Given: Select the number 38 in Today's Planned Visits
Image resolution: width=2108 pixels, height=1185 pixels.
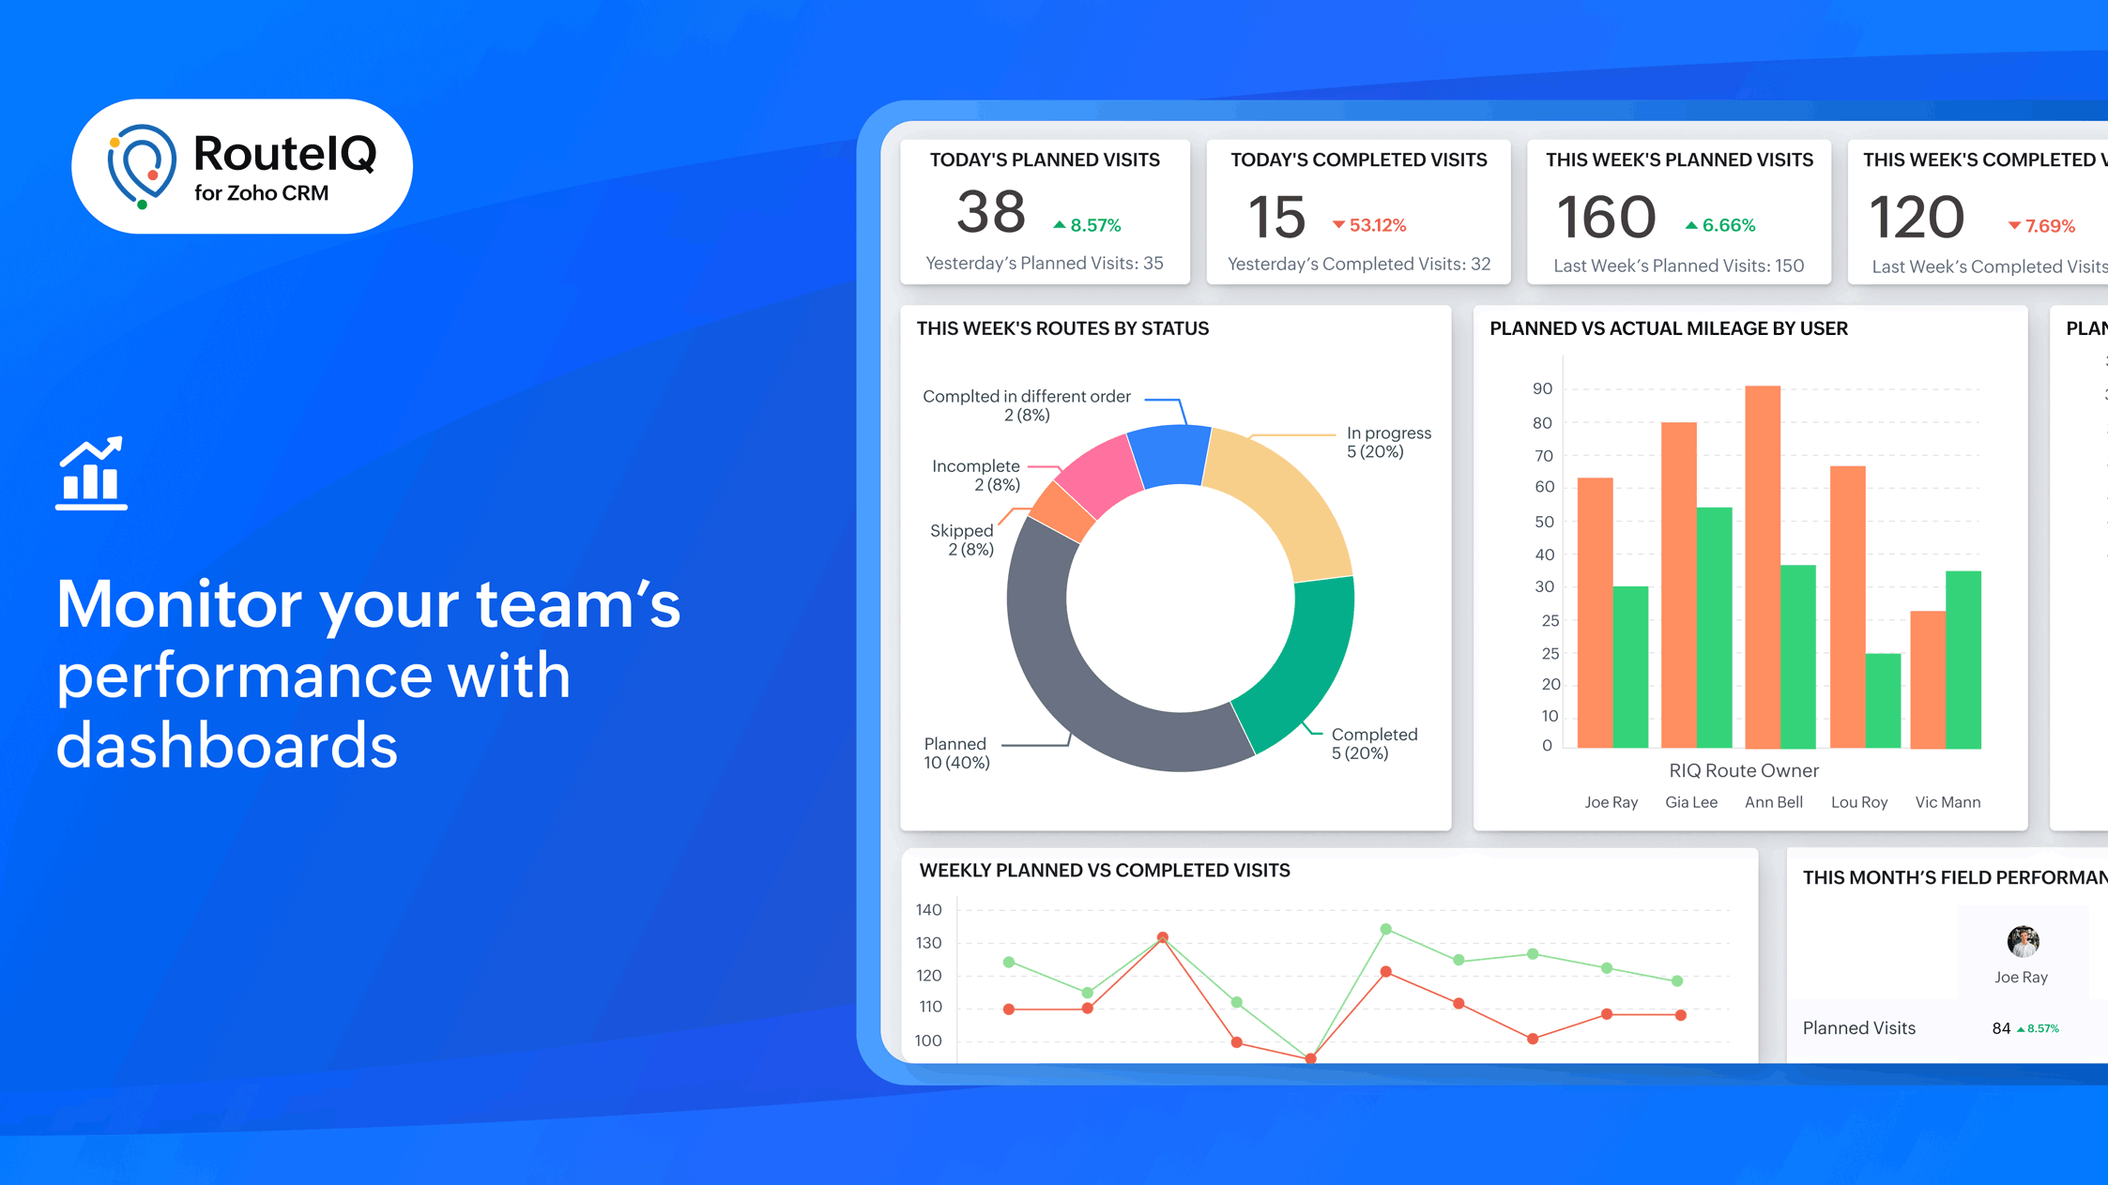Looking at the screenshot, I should click(x=990, y=212).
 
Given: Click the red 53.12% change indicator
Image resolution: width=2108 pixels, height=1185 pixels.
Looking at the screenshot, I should click(x=1369, y=225).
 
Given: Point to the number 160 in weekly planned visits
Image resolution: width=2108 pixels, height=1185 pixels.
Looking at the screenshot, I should click(x=1606, y=217).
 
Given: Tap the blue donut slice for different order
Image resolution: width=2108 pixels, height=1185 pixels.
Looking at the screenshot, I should click(x=1169, y=455).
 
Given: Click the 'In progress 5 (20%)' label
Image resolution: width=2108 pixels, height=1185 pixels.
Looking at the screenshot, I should click(x=1388, y=442).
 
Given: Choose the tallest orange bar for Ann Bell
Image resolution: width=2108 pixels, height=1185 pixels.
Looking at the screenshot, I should click(x=1762, y=567).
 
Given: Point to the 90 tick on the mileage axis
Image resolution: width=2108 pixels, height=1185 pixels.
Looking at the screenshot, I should click(x=1542, y=388).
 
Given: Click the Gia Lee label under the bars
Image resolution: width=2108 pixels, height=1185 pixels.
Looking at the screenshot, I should click(x=1690, y=802).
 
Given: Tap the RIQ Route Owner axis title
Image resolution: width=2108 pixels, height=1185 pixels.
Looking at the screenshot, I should click(x=1743, y=770).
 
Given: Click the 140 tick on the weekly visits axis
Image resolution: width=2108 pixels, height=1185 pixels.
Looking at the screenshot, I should click(x=928, y=909).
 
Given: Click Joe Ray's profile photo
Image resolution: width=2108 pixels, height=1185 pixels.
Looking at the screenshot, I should click(x=2022, y=941).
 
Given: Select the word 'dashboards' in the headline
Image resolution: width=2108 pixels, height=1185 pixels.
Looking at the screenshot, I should click(x=227, y=746).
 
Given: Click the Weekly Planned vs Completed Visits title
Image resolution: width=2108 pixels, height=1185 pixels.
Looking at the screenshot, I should click(x=1104, y=870).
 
